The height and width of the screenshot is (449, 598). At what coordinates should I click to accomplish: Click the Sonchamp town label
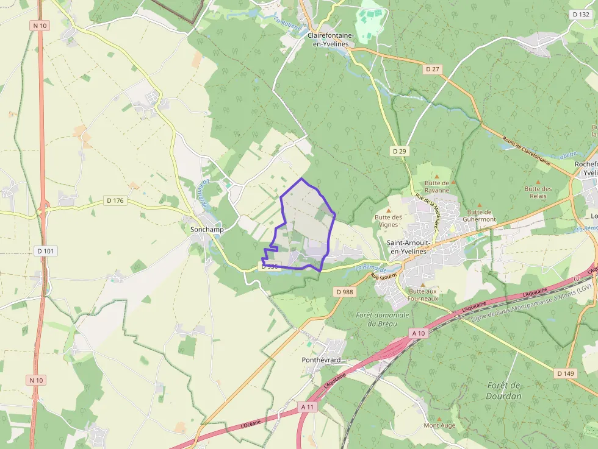[207, 230]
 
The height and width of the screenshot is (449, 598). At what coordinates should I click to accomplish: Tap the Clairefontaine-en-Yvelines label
[331, 39]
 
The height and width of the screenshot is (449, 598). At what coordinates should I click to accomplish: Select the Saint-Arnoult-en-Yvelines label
[409, 246]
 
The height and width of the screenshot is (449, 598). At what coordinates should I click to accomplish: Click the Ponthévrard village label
[321, 360]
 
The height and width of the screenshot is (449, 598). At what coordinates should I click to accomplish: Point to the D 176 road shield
[115, 200]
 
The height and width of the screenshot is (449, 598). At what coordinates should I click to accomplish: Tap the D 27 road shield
[432, 69]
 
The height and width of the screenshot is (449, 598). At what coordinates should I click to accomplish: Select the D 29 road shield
[399, 150]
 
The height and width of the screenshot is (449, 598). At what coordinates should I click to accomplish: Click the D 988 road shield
[344, 292]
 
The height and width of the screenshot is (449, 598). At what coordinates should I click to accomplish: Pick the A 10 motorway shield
[418, 333]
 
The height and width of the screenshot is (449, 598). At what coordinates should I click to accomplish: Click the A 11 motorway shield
[308, 406]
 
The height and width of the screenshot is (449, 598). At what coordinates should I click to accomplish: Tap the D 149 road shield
[566, 373]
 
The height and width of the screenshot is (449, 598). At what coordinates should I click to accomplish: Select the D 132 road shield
[580, 14]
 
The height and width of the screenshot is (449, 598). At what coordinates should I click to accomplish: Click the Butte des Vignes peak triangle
[389, 210]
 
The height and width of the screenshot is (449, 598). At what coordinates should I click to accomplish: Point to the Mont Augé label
[439, 425]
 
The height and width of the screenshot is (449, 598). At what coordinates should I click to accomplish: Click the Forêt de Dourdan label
[505, 391]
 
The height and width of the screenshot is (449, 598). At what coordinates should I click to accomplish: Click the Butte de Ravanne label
[437, 186]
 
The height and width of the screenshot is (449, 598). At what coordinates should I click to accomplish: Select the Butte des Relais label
[538, 193]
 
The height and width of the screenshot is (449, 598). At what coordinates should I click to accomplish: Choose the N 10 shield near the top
[39, 26]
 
